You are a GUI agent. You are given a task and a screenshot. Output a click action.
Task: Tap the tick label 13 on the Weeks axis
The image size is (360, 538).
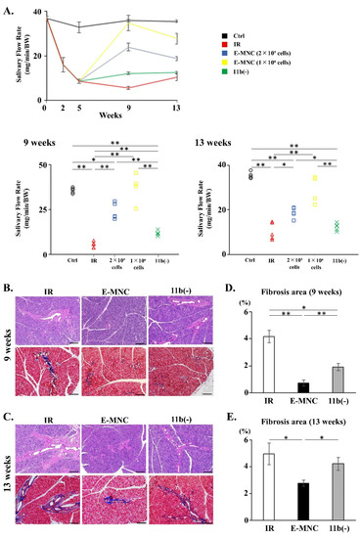176,110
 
